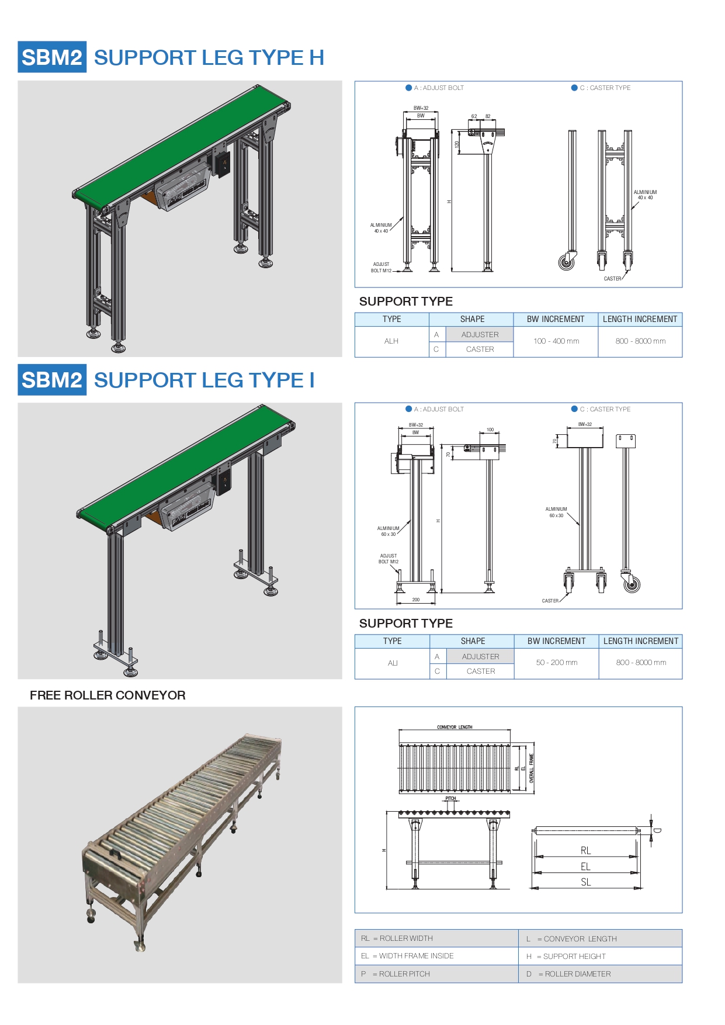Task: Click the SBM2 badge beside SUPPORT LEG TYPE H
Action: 52,57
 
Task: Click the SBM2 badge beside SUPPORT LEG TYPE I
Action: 52,380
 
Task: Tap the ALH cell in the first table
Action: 391,341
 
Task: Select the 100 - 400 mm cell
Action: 556,341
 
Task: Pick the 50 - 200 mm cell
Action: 557,663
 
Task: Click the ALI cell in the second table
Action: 393,663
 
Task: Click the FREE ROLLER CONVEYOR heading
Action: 107,695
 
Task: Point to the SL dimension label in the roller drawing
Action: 586,882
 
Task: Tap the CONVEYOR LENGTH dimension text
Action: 455,728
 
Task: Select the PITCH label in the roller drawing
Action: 450,798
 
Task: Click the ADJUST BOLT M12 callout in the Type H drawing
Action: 381,268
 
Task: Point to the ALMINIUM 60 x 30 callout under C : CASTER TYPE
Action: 556,512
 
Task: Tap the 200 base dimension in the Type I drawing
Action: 416,600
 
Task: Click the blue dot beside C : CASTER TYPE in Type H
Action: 574,88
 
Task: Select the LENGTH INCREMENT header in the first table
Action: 640,319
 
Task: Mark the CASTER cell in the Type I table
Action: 481,671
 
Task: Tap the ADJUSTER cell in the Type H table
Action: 480,335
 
